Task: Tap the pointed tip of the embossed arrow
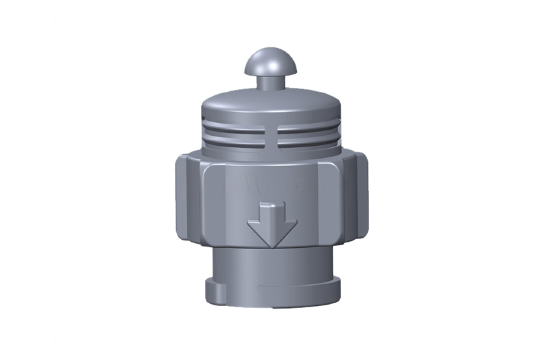pos(272,246)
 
